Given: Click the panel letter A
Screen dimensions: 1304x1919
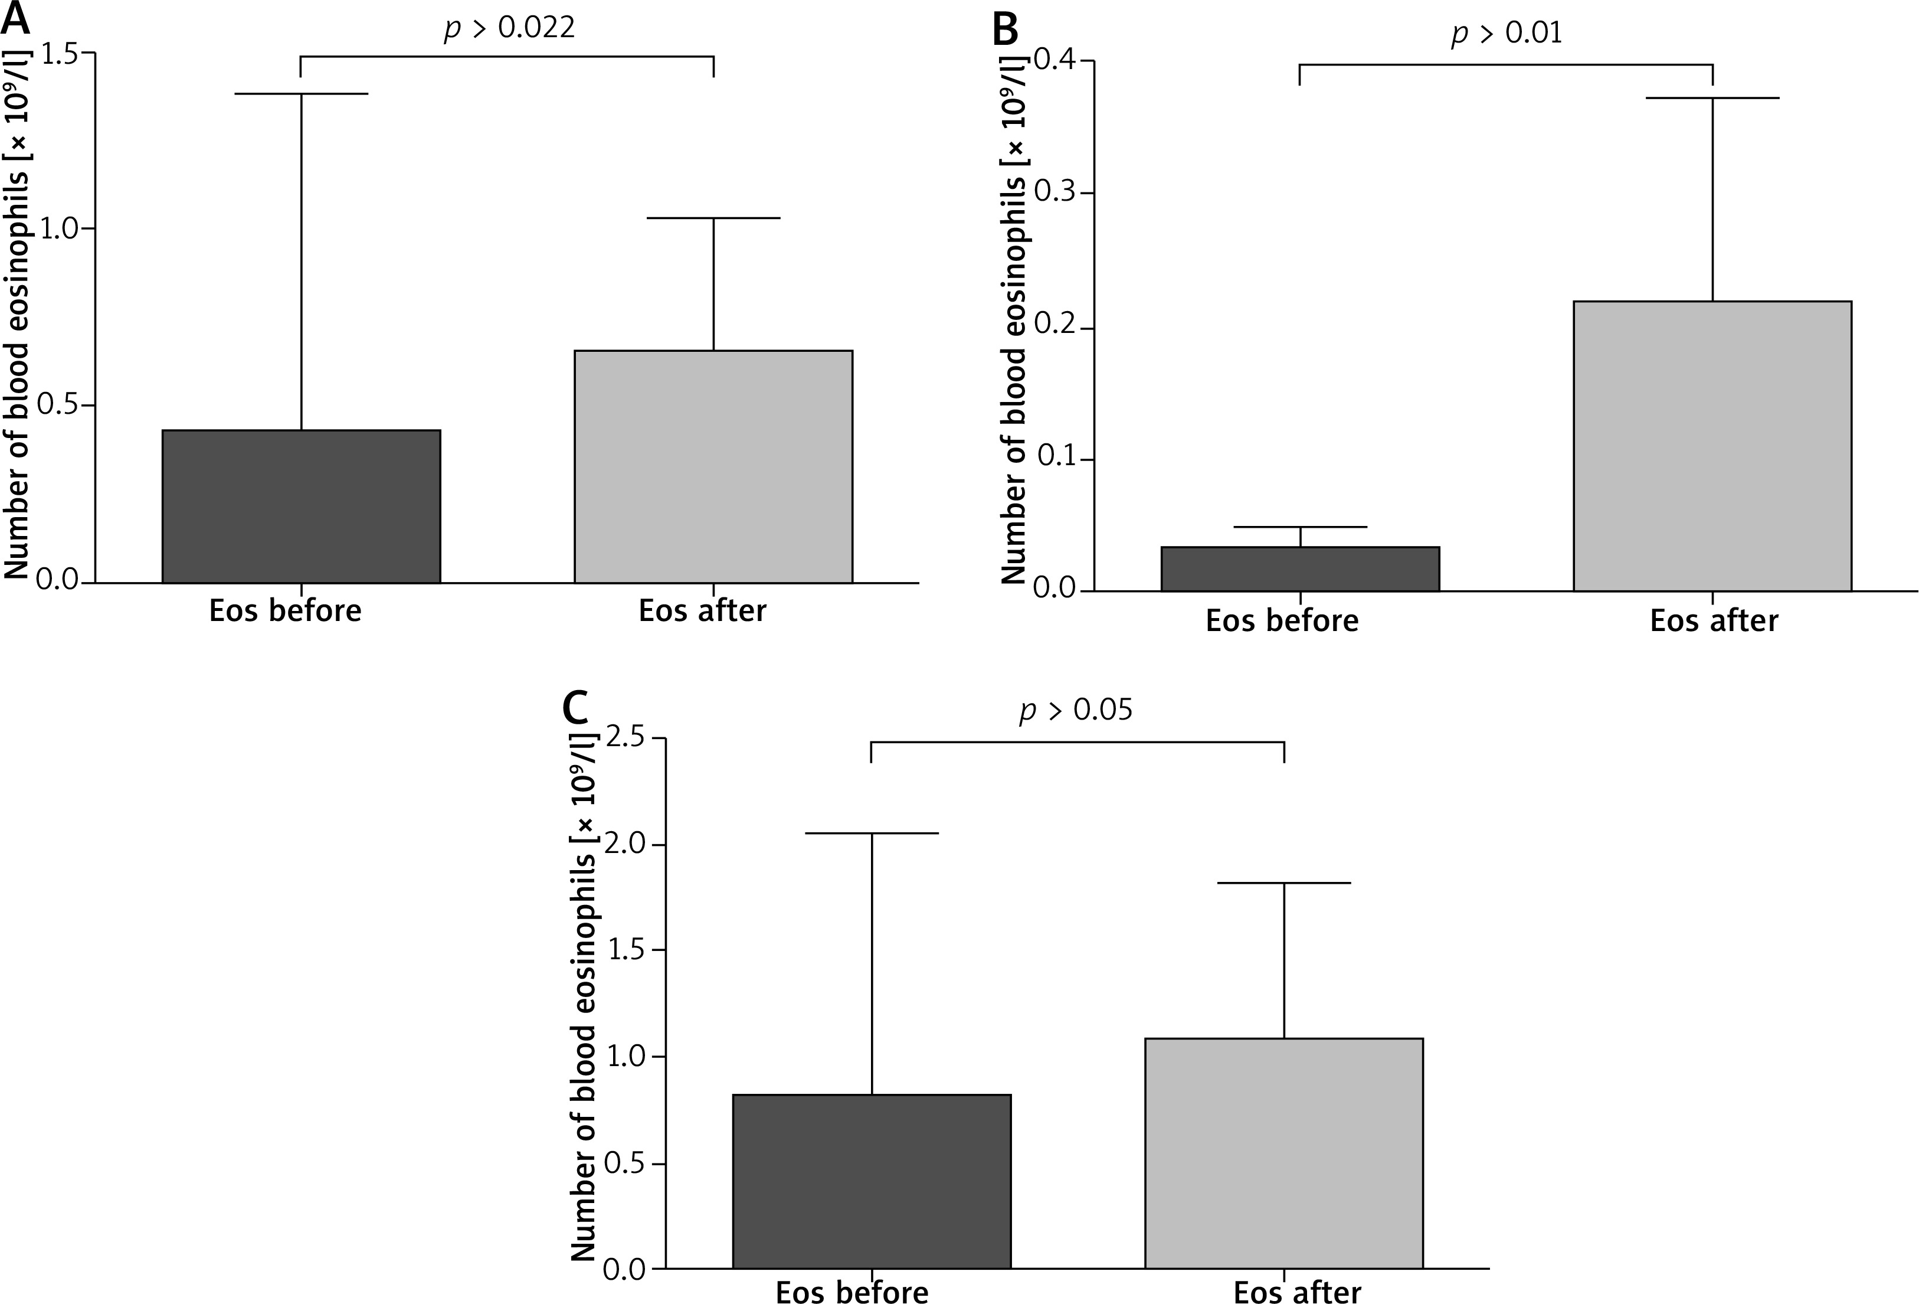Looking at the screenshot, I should pyautogui.click(x=15, y=18).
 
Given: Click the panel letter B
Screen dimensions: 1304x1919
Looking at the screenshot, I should pyautogui.click(x=1004, y=31).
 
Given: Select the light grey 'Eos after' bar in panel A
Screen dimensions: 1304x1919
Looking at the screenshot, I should pyautogui.click(x=713, y=466).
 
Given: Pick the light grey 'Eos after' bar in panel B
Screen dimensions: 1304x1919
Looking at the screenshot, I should pyautogui.click(x=1712, y=445).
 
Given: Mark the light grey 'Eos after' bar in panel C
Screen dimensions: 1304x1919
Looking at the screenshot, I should pyautogui.click(x=1283, y=1152).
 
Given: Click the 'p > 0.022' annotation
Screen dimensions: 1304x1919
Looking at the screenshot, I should pyautogui.click(x=509, y=28).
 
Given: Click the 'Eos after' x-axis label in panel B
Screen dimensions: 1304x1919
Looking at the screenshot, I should pyautogui.click(x=1714, y=620).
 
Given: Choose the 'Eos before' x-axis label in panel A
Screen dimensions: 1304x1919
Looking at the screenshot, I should pyautogui.click(x=285, y=610).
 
